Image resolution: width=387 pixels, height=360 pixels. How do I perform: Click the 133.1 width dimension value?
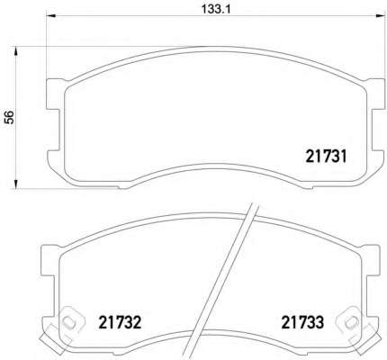(215, 9)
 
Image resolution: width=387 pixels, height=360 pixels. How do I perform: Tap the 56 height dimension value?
(9, 117)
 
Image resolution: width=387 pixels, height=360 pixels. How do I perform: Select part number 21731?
(326, 157)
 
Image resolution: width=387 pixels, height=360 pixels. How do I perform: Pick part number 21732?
(120, 322)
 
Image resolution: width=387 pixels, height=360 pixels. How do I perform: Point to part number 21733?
(302, 322)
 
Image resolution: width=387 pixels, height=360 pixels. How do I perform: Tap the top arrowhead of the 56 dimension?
(15, 51)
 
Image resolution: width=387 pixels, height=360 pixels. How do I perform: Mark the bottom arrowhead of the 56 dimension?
(15, 184)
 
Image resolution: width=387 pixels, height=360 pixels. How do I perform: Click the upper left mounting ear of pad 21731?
(55, 94)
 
